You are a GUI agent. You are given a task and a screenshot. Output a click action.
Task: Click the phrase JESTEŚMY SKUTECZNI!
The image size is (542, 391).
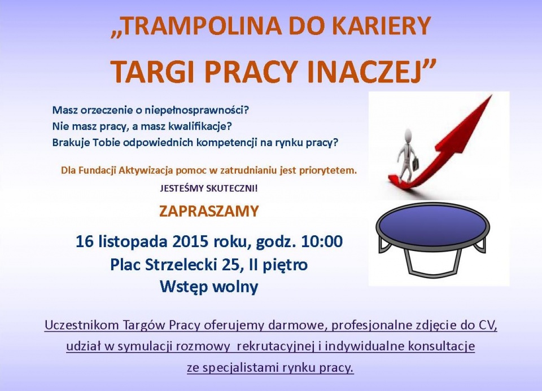click(x=209, y=189)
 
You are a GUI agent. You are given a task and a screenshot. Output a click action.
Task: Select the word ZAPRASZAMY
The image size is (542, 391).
click(x=209, y=211)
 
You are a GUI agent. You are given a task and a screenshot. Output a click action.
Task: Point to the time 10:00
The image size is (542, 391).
click(x=322, y=241)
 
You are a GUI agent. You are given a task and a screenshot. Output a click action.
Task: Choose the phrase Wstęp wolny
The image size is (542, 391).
click(x=209, y=287)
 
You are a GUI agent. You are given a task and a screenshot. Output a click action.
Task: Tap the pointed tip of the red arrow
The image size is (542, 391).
click(x=491, y=96)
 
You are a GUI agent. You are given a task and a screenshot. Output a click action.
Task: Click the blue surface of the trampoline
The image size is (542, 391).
click(x=433, y=225)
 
